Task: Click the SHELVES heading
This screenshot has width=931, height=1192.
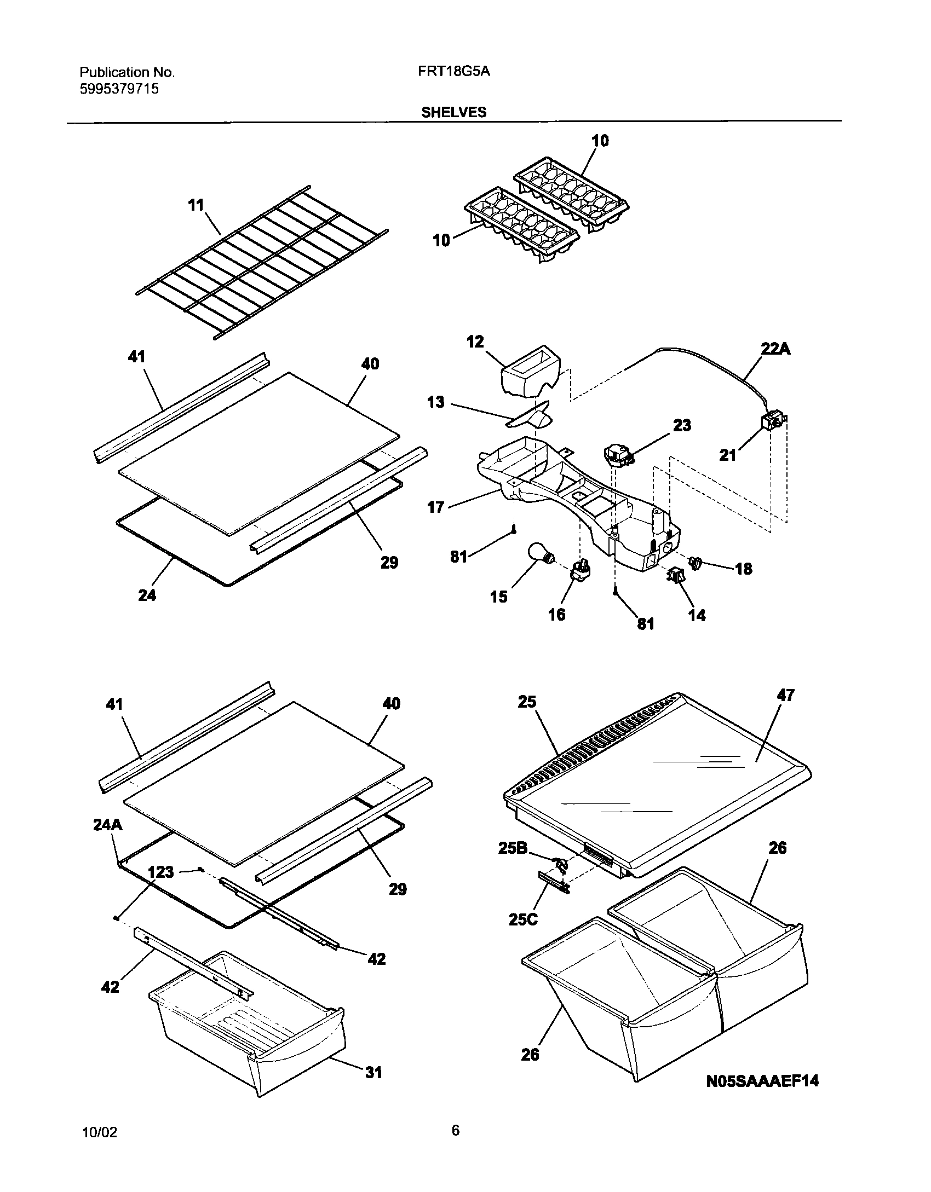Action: coord(453,112)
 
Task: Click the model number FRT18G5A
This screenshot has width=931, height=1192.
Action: coord(450,72)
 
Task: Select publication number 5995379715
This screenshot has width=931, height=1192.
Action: coord(119,89)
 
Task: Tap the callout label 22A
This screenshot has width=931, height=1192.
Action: coord(775,349)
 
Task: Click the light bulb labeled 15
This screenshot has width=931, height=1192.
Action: coord(541,554)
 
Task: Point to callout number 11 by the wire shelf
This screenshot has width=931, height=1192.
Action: coord(196,206)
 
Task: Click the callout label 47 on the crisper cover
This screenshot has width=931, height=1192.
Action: coord(785,696)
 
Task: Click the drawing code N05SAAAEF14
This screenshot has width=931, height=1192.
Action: coord(761,1080)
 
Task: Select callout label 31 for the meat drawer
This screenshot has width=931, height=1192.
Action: coord(373,1072)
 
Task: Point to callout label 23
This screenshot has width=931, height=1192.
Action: coord(682,425)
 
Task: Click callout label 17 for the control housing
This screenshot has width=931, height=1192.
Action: coord(435,507)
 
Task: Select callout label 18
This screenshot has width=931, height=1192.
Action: coord(744,569)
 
